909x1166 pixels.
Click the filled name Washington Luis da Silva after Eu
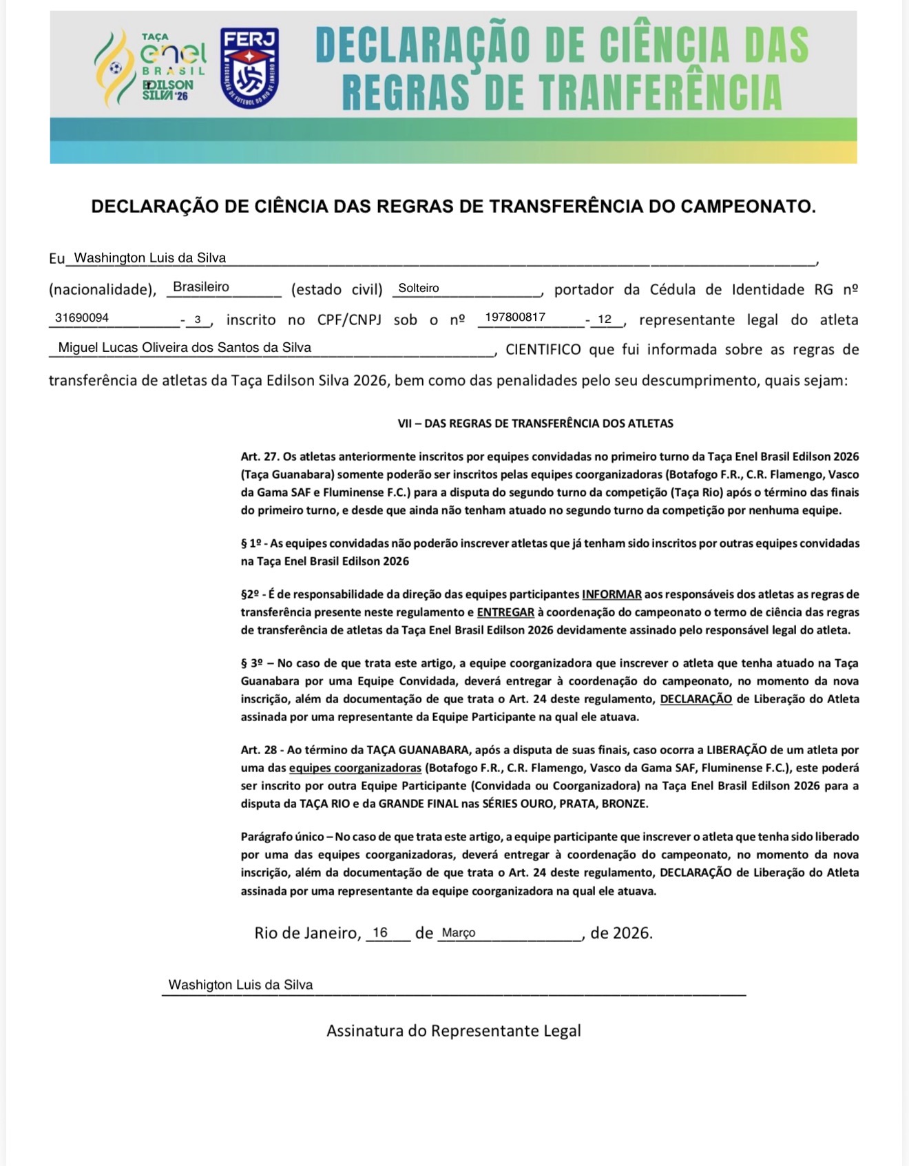[x=149, y=258]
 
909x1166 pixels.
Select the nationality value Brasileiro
[x=201, y=287]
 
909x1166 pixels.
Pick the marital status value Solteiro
[x=419, y=288]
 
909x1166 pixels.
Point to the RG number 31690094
[x=82, y=318]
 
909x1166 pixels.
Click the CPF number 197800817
[x=515, y=317]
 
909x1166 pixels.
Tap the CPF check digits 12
[x=605, y=319]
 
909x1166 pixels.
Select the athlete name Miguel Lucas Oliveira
[x=185, y=348]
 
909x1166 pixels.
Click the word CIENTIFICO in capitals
[x=544, y=349]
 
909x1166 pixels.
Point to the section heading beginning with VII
[x=535, y=424]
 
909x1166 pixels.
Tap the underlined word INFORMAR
[x=612, y=594]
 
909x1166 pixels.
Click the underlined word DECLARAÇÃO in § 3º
[x=696, y=699]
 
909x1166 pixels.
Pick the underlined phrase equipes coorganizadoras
[x=355, y=768]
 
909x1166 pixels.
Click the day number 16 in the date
[x=380, y=933]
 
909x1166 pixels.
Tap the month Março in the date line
[x=459, y=933]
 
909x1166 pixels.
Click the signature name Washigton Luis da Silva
[x=240, y=985]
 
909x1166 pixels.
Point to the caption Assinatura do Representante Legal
[x=454, y=1031]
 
